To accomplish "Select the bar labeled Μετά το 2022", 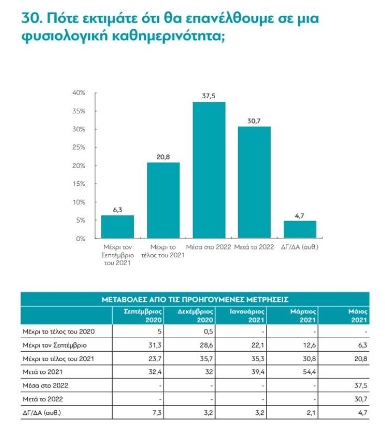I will coord(254,182).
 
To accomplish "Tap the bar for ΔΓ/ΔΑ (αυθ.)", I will coord(300,229).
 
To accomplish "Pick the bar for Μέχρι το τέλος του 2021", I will coord(163,200).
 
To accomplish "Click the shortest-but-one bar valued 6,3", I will coord(117,226).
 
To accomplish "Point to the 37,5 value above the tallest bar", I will coord(209,96).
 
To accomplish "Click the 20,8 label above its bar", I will coord(163,156).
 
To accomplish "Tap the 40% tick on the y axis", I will coord(79,93).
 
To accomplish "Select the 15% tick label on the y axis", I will coord(79,184).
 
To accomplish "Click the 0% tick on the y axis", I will coord(80,238).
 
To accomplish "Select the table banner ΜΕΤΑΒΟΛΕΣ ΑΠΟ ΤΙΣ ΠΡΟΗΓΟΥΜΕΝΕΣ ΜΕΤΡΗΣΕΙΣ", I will coord(195,300).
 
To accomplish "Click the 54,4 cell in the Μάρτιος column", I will coord(309,372).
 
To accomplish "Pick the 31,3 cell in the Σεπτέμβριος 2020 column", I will coord(156,345).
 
